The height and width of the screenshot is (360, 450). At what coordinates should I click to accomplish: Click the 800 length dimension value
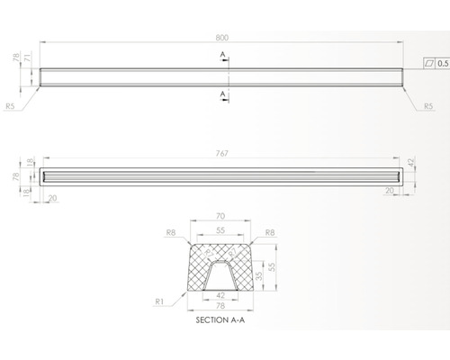pyautogui.click(x=221, y=38)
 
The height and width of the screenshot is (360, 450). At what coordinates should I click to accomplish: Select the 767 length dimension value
pyautogui.click(x=221, y=151)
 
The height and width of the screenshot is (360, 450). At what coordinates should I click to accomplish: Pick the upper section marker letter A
pyautogui.click(x=222, y=55)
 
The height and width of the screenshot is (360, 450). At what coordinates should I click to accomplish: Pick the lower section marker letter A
pyautogui.click(x=222, y=93)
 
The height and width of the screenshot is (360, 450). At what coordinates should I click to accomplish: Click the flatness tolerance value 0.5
pyautogui.click(x=443, y=65)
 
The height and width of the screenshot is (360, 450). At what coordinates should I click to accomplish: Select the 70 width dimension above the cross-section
pyautogui.click(x=221, y=216)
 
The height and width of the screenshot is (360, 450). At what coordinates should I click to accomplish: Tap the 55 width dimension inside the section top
pyautogui.click(x=221, y=230)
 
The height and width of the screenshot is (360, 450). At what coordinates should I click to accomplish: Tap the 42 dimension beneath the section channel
pyautogui.click(x=221, y=293)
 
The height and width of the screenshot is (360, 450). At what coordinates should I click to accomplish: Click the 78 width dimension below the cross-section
pyautogui.click(x=221, y=306)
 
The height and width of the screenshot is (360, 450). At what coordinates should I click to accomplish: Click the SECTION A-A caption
pyautogui.click(x=221, y=319)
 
